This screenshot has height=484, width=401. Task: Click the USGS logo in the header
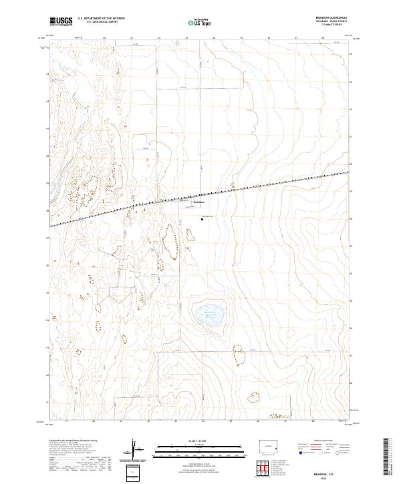tap(61, 21)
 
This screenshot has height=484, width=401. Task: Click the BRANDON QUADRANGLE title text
tap(325, 18)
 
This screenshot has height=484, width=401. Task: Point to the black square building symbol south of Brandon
tap(202, 217)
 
